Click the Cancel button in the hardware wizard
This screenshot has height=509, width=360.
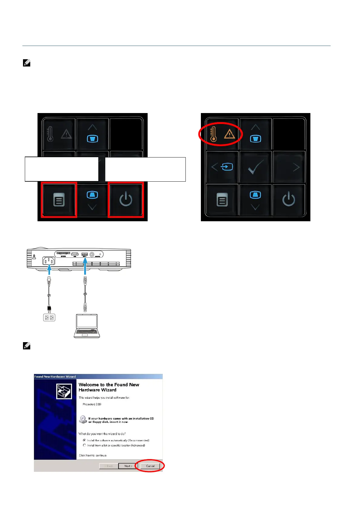point(150,466)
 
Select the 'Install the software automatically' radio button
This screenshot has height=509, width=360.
point(84,440)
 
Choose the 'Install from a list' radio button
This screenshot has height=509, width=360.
point(84,445)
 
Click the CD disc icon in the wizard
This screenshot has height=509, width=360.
point(83,420)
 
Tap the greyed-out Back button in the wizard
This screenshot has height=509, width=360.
point(109,466)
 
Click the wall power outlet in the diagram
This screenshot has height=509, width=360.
point(49,317)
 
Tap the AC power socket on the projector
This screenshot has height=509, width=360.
point(49,260)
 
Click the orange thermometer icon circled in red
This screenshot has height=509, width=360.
point(214,134)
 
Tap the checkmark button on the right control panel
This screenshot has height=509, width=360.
point(255,167)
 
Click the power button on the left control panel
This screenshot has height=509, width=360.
point(126,199)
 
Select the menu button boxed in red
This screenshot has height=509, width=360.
point(59,200)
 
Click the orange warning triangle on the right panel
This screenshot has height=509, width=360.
point(230,134)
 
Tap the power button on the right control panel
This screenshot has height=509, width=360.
point(288,199)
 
